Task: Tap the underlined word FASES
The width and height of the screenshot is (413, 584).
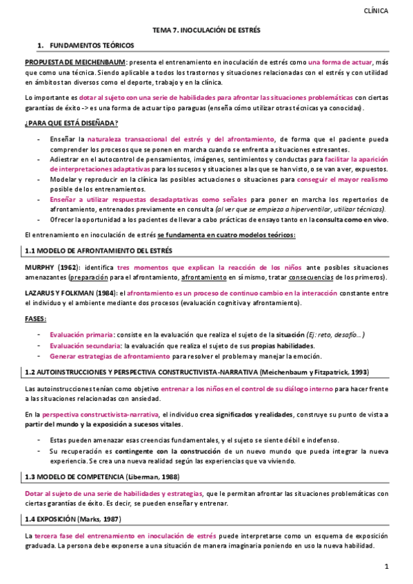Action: (x=37, y=319)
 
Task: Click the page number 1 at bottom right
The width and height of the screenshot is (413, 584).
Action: (x=387, y=566)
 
